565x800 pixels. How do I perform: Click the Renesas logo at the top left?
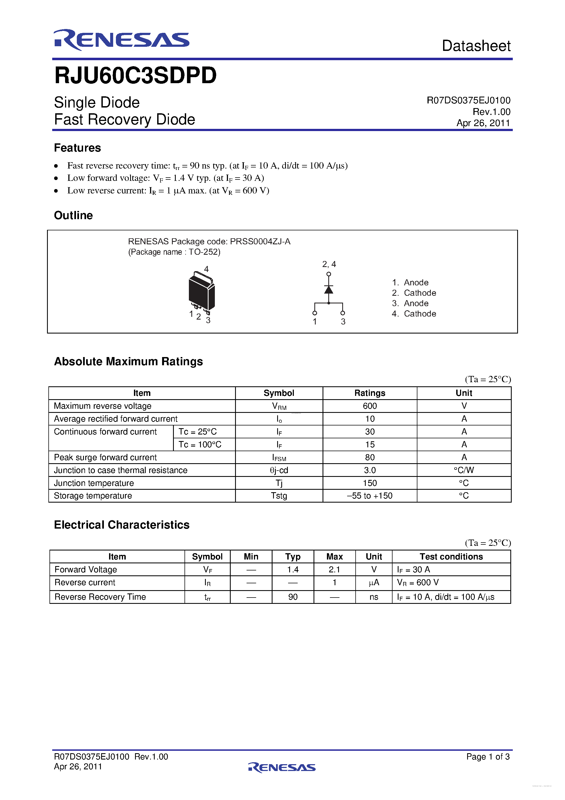tap(121, 40)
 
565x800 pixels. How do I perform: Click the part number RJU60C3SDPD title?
tap(135, 76)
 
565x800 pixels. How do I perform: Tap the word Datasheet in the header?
tap(476, 46)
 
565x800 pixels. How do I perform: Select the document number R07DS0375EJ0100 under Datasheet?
tap(468, 100)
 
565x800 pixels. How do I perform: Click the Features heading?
tap(77, 148)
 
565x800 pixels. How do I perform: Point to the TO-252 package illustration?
tap(201, 292)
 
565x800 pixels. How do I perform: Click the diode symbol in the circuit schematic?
tap(328, 289)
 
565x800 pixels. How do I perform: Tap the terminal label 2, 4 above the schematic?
tap(329, 264)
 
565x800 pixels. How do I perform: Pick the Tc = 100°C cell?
tap(200, 445)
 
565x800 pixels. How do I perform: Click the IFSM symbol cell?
tap(279, 457)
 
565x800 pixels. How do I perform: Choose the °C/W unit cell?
tap(464, 470)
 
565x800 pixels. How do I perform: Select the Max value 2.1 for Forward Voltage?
tap(334, 569)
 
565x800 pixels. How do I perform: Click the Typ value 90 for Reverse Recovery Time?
tap(293, 597)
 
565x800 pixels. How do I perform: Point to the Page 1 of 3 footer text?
tap(488, 756)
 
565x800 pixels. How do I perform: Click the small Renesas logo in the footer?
tap(282, 767)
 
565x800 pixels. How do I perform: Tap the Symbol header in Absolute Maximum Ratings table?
tap(279, 393)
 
